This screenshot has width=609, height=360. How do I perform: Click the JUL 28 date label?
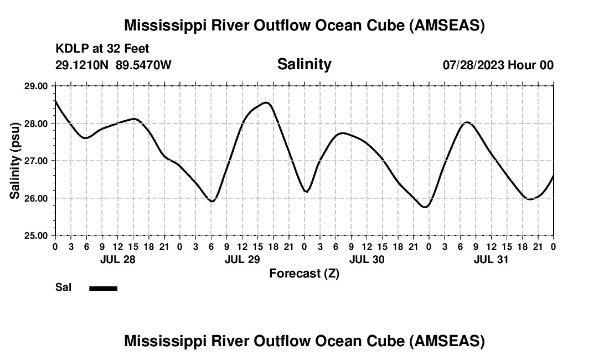117,259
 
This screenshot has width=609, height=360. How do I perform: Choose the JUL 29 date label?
242,259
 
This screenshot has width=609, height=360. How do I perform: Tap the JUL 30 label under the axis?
367,259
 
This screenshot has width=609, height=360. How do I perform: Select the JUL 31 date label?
491,259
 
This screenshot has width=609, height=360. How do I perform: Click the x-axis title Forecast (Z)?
304,274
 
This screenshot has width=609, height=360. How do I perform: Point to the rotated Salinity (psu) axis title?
15,161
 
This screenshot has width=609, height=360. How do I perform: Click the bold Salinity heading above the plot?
304,64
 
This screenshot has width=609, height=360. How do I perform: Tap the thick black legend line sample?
104,288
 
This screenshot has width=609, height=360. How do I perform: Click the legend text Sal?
63,287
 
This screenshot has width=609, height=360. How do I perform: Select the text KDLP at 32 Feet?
102,49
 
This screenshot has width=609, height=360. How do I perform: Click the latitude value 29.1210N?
82,65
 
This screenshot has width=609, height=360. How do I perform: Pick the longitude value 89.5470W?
143,65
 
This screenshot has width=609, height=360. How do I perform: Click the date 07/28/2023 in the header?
473,65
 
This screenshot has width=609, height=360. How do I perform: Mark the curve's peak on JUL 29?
266,102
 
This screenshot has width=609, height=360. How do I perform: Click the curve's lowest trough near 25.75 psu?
425,207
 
